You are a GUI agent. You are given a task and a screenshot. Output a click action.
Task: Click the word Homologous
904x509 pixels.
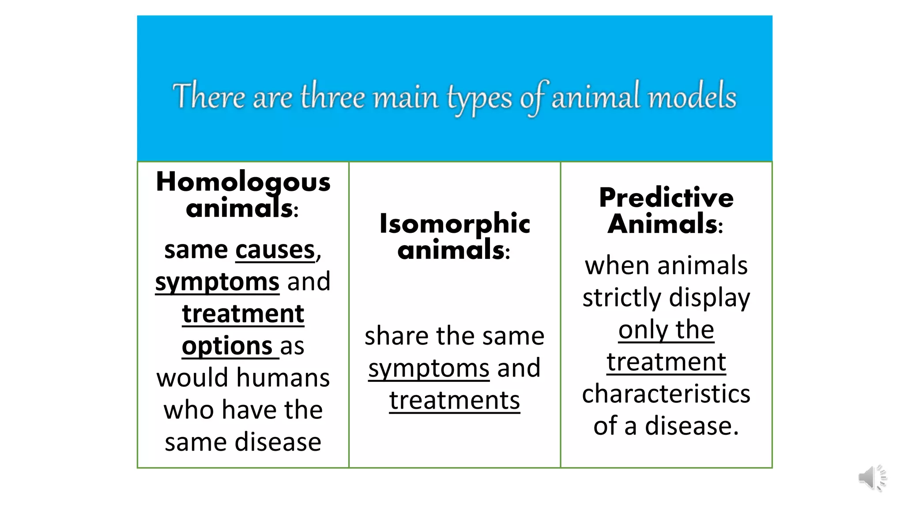243,182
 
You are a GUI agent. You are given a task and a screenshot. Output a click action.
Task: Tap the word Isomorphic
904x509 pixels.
455,223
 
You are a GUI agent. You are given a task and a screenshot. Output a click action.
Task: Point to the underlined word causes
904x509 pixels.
275,250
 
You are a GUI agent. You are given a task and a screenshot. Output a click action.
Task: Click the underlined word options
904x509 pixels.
227,346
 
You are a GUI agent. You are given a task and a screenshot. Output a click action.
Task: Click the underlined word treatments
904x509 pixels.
455,400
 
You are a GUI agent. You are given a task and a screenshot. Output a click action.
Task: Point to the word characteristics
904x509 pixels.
666,394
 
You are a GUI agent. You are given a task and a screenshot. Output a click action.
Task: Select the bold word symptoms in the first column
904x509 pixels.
217,282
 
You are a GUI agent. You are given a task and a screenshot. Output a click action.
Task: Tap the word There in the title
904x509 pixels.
208,96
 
